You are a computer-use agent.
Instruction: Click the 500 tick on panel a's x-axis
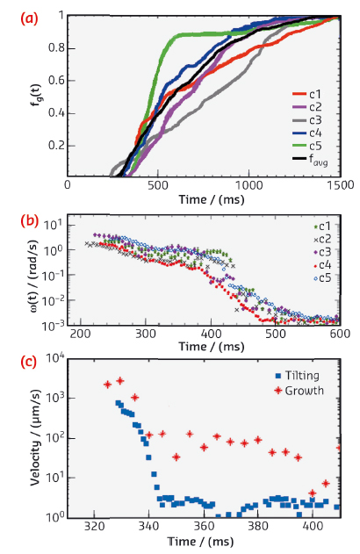159,185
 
